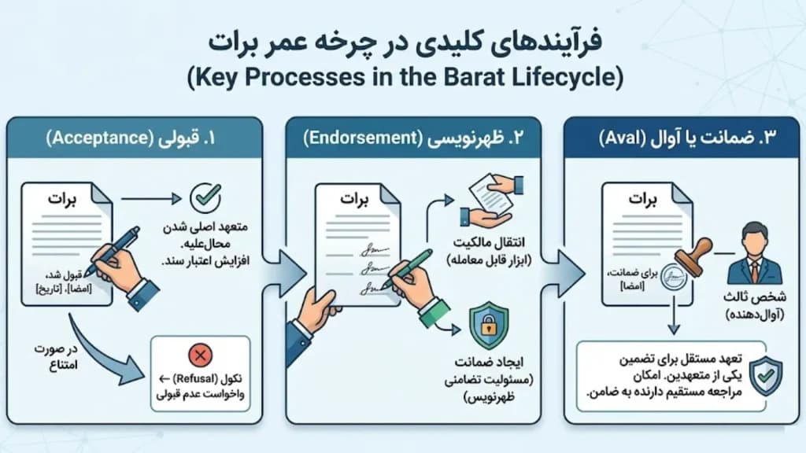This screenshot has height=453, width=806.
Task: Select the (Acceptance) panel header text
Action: click(97, 138)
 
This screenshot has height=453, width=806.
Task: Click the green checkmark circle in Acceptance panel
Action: click(205, 197)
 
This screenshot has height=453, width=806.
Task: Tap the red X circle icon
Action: click(201, 355)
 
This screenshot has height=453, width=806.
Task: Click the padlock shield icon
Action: click(489, 325)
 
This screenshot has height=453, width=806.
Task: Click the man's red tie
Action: click(754, 272)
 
